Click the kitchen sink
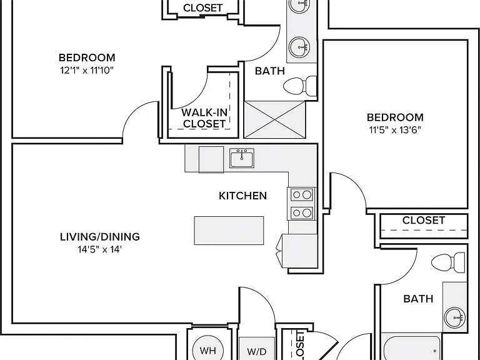[x=241, y=158]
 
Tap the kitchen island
[x=229, y=231]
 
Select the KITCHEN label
[x=242, y=196]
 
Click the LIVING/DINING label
[x=100, y=237]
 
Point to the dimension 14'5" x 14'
[x=100, y=249]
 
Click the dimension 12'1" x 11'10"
[x=87, y=71]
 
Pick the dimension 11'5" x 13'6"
[x=395, y=130]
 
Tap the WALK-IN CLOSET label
[x=204, y=118]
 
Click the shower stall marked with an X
[x=274, y=120]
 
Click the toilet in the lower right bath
[x=448, y=262]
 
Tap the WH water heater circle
[x=208, y=350]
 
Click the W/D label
[x=256, y=352]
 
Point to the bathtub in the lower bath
[x=412, y=348]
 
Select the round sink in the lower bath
[x=455, y=317]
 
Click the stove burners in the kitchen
[x=302, y=204]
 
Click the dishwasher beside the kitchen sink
[x=211, y=159]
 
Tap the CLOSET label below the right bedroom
[x=424, y=220]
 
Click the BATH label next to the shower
[x=270, y=71]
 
